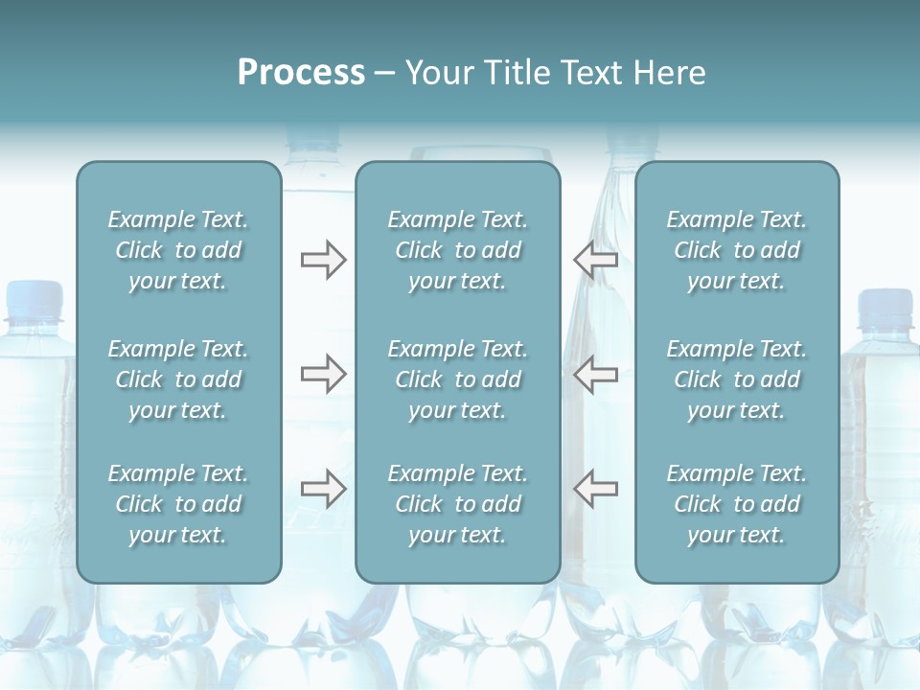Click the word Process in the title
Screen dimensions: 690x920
click(301, 73)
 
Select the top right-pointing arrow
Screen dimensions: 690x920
click(323, 260)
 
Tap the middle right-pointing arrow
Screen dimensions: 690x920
click(323, 374)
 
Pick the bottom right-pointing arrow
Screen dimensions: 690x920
click(323, 489)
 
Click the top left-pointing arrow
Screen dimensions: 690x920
click(595, 260)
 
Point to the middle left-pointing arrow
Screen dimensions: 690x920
click(595, 374)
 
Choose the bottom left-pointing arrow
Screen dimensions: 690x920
click(595, 489)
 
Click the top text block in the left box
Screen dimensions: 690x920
click(178, 250)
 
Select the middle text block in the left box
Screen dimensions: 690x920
click(178, 379)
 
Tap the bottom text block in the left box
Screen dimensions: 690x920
click(178, 504)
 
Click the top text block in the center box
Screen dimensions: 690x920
click(458, 250)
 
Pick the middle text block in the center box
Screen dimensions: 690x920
click(458, 379)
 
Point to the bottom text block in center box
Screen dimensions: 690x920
click(458, 504)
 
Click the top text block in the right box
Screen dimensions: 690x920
click(737, 250)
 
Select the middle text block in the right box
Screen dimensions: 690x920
click(737, 379)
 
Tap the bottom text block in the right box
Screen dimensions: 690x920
click(737, 504)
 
